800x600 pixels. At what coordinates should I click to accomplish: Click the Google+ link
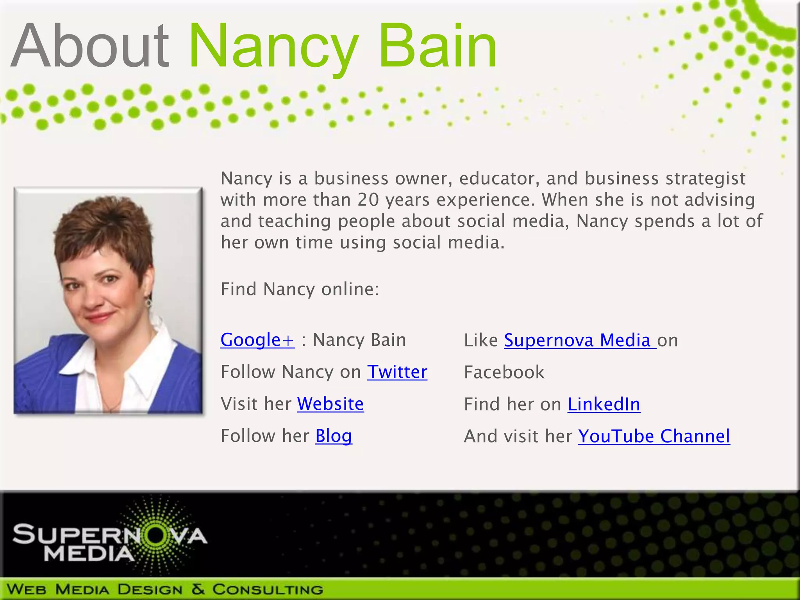tap(257, 340)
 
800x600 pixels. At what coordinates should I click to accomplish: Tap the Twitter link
tap(397, 372)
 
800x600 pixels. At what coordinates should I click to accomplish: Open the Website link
tap(330, 404)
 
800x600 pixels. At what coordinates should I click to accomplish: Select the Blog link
tap(334, 436)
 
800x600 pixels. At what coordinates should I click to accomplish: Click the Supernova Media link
tap(580, 340)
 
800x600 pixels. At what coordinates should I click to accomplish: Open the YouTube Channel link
tap(654, 436)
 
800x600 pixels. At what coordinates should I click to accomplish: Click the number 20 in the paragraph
tap(368, 200)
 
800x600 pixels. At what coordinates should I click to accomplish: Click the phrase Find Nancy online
tap(300, 289)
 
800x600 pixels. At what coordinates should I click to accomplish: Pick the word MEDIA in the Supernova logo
tap(89, 554)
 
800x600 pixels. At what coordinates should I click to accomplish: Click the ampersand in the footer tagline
tap(198, 589)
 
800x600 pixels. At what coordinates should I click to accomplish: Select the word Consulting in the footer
tap(268, 589)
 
